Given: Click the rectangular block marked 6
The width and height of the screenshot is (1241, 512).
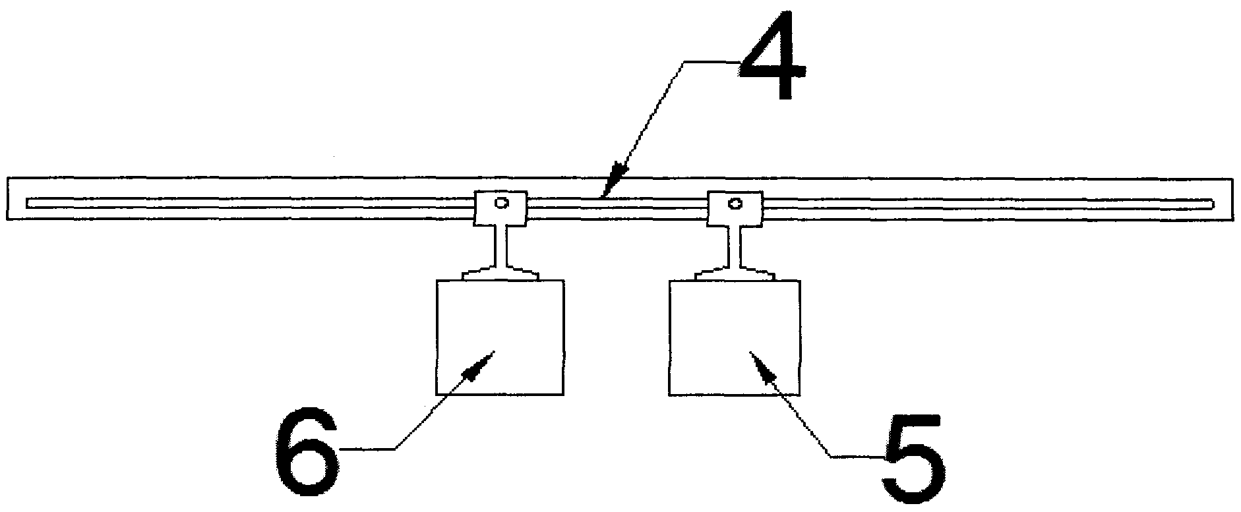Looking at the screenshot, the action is (500, 337).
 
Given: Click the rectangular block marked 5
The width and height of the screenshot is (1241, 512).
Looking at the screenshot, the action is (735, 337).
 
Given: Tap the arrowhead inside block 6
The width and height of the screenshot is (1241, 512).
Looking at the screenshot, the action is (480, 364).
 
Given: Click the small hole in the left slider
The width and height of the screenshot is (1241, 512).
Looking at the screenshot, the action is (502, 202).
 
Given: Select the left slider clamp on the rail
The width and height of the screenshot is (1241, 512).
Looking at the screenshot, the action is (500, 208).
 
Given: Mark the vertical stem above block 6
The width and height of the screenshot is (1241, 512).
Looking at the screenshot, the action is (500, 244).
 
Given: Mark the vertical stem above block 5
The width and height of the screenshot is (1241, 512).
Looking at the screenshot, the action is (735, 244).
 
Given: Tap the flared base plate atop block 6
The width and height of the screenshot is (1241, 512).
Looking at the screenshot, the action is (500, 273).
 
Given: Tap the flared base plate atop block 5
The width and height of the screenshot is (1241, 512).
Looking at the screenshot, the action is (735, 273).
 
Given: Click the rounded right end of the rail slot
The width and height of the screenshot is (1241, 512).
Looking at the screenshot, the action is (1212, 203).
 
